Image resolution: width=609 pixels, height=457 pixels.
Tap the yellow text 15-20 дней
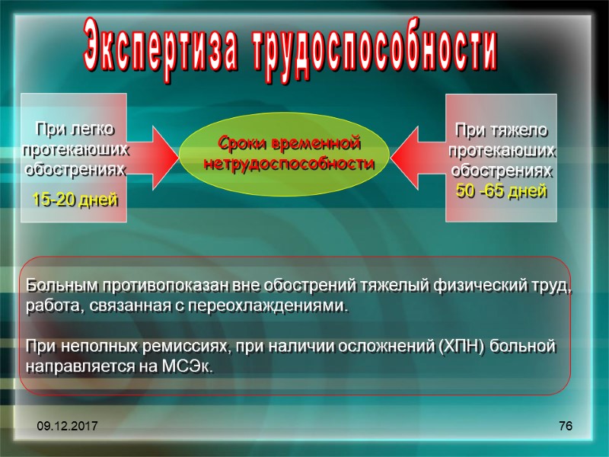coord(74,200)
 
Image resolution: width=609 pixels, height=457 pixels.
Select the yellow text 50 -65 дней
coord(501,191)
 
